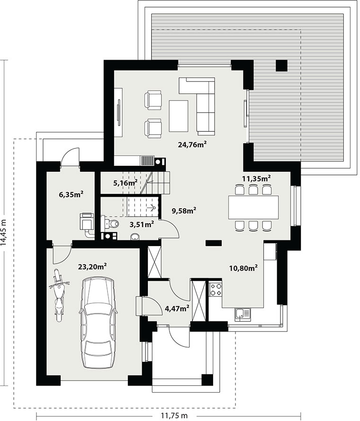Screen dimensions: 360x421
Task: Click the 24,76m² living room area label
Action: click(x=192, y=145)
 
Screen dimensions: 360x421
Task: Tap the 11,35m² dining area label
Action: click(x=256, y=178)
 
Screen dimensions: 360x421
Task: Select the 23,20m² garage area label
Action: click(x=93, y=266)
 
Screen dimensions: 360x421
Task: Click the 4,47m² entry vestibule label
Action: click(x=177, y=309)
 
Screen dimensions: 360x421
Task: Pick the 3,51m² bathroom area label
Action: click(x=142, y=224)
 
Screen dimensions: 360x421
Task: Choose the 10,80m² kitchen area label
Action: click(x=243, y=268)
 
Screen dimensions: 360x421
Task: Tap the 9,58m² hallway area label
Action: click(x=184, y=210)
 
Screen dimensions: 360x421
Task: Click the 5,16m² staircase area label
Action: click(x=126, y=183)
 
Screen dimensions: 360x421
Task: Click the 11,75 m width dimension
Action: click(x=174, y=416)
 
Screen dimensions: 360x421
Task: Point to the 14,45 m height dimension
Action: click(x=3, y=232)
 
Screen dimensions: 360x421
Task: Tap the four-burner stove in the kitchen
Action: click(x=216, y=289)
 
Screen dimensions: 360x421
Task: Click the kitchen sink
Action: click(x=243, y=314)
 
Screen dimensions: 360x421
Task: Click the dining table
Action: click(x=253, y=207)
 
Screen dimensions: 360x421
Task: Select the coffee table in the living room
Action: click(x=179, y=116)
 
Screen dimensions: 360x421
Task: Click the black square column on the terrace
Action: click(x=282, y=65)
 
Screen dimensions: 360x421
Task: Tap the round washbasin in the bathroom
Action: click(x=135, y=236)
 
